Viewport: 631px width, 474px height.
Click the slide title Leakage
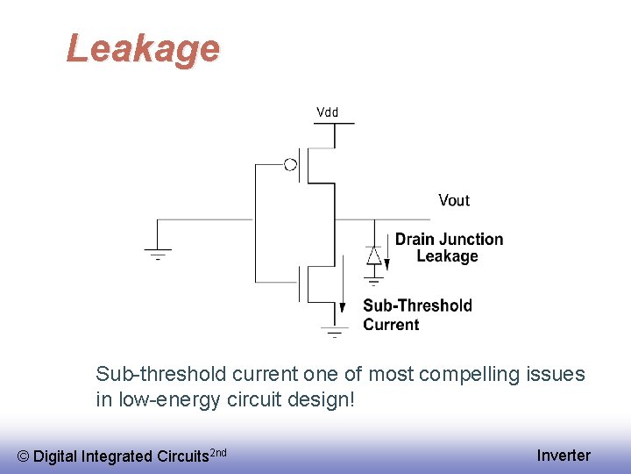pos(143,48)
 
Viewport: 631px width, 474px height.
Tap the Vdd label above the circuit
pos(327,112)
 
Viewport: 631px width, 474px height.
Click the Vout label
pos(454,200)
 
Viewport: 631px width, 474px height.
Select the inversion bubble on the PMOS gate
pos(290,163)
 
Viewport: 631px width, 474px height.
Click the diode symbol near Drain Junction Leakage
pos(374,255)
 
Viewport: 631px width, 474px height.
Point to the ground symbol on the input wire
pos(158,254)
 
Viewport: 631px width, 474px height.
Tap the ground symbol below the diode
pos(374,281)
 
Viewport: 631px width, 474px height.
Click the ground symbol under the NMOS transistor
pos(334,332)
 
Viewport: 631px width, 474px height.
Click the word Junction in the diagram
pos(471,239)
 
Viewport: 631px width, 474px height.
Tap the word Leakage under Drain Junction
pos(447,256)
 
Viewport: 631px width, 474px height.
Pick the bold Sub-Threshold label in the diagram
pos(417,305)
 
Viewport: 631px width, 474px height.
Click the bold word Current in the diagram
pos(391,324)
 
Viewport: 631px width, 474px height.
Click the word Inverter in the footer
pos(564,455)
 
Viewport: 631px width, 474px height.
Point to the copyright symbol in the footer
pos(23,456)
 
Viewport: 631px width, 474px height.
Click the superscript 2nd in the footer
pos(219,451)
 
